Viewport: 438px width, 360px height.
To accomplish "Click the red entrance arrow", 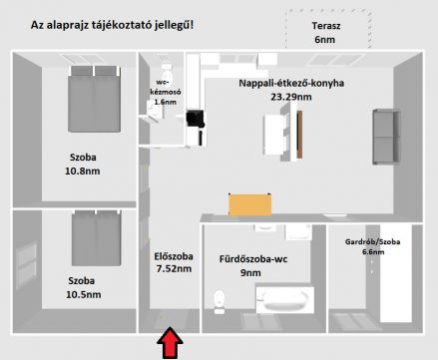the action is [170, 343].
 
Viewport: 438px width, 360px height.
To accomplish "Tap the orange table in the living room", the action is [249, 204].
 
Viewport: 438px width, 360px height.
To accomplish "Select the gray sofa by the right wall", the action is [386, 137].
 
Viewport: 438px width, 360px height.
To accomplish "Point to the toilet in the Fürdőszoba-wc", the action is [219, 301].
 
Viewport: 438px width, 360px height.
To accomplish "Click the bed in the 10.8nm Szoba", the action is [95, 99].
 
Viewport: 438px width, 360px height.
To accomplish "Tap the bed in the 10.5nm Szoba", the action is [97, 237].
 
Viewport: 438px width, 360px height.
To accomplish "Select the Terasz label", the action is [326, 26].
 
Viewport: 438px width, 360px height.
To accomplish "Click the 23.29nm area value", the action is [291, 97].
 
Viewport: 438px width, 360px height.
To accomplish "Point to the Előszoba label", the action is [174, 256].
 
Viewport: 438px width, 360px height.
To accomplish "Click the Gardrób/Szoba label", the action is [372, 241].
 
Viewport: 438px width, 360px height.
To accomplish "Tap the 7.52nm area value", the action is [174, 268].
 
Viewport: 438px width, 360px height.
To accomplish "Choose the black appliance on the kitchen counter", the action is [196, 119].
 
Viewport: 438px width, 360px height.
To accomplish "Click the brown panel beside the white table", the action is [299, 135].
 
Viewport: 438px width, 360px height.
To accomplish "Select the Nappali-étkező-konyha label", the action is [291, 83].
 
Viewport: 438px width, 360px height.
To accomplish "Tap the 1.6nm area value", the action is [165, 102].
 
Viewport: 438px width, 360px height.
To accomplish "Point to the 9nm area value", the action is [250, 273].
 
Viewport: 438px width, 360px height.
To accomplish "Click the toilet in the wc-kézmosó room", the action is [166, 71].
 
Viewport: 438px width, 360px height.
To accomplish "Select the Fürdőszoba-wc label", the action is [253, 259].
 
